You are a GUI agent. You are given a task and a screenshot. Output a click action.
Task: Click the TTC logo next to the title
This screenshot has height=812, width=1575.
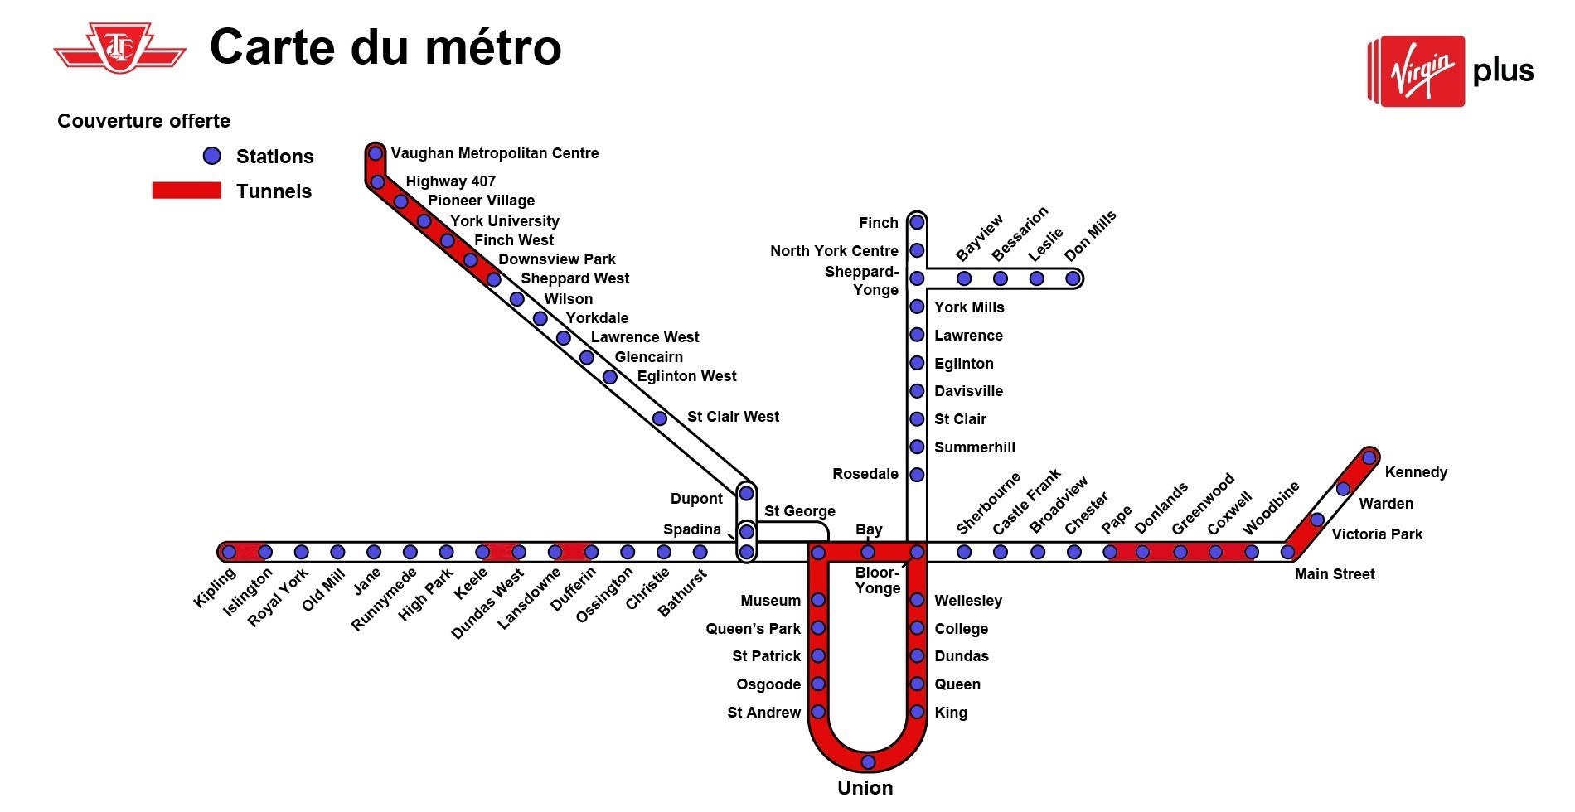(x=120, y=48)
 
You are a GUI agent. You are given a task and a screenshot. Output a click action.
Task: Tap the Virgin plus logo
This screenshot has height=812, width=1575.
(x=1451, y=71)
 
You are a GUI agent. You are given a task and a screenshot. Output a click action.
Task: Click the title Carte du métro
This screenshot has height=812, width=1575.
(x=385, y=46)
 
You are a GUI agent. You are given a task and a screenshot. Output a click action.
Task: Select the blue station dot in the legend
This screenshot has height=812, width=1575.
(x=212, y=156)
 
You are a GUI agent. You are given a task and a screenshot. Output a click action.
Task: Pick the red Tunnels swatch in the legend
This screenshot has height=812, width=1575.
(x=187, y=191)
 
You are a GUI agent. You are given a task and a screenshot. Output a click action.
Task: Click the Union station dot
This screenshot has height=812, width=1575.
(x=868, y=761)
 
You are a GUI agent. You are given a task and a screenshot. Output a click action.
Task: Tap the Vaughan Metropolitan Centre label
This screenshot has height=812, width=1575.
(x=495, y=153)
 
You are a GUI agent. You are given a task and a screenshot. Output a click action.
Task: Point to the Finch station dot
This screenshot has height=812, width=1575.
(x=917, y=222)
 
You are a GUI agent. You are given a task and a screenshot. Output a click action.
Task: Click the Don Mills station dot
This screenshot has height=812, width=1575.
(x=1073, y=278)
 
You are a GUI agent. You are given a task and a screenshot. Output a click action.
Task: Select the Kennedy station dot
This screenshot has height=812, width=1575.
(x=1369, y=457)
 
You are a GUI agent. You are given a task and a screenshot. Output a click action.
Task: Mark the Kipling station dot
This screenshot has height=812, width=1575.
(x=229, y=552)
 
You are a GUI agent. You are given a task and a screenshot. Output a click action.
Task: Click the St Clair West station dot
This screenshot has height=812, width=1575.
(x=660, y=418)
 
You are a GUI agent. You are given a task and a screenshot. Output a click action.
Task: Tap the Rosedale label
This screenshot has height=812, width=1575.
(x=865, y=474)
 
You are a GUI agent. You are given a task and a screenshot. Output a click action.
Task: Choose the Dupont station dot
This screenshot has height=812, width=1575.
(x=746, y=493)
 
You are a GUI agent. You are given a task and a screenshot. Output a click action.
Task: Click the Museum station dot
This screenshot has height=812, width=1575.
(x=818, y=600)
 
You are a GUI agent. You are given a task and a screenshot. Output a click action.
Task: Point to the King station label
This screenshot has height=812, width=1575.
(x=951, y=713)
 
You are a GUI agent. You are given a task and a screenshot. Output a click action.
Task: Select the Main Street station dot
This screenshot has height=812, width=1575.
(x=1287, y=552)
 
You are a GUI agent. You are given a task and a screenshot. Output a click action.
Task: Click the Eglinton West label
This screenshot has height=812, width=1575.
(x=686, y=376)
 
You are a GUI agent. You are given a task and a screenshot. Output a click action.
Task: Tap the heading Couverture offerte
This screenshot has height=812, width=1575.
(x=143, y=121)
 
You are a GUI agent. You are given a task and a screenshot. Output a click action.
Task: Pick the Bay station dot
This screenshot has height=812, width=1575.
(x=868, y=552)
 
